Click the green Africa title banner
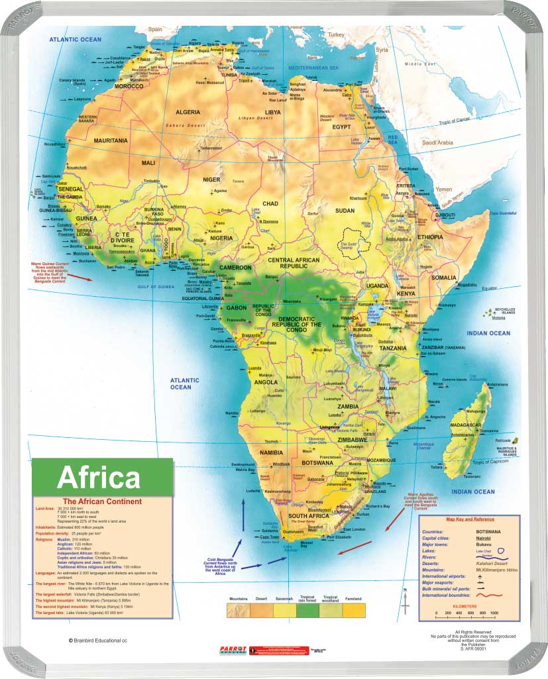(x=102, y=476)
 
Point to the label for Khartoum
(x=358, y=198)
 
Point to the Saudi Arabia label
(x=438, y=142)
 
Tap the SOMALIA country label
(x=444, y=260)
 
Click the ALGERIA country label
(x=187, y=113)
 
